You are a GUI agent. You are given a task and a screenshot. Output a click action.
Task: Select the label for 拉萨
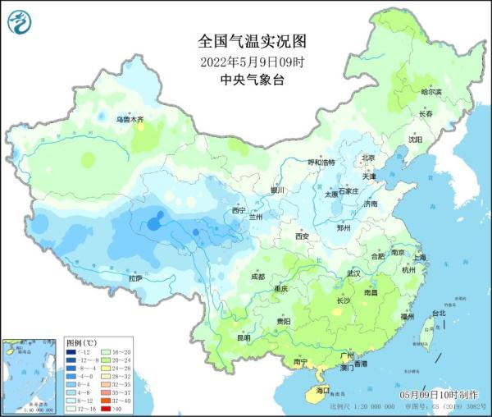[135, 278]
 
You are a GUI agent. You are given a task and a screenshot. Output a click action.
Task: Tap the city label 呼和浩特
[322, 163]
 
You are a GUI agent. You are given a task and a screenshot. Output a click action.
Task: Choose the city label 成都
[257, 276]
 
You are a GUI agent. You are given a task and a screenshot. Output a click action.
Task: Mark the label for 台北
[438, 313]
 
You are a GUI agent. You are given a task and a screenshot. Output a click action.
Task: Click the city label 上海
[420, 257]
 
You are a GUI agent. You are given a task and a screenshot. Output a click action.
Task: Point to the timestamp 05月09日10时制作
[443, 396]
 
